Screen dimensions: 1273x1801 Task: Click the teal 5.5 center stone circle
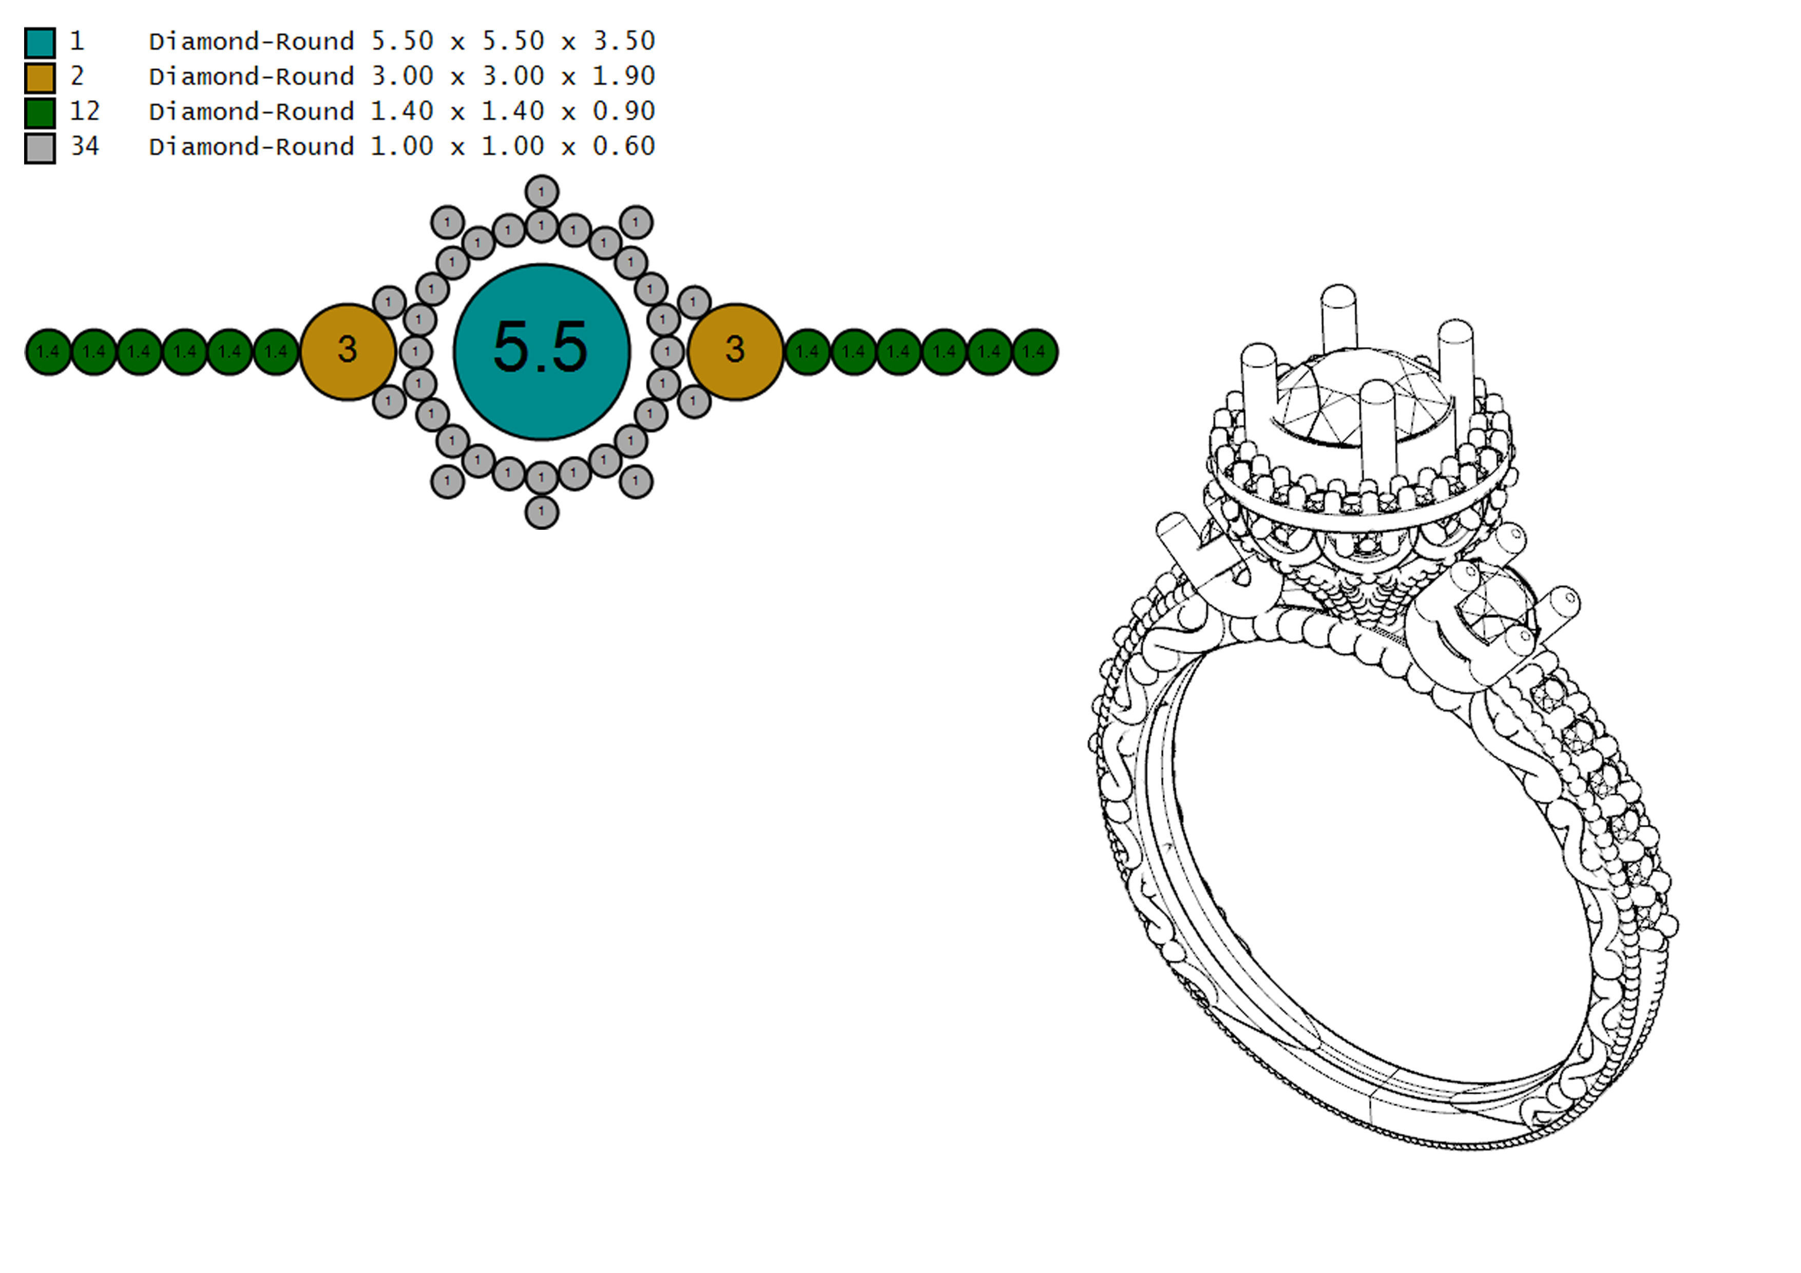point(541,352)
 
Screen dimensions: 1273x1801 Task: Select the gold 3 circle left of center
point(348,352)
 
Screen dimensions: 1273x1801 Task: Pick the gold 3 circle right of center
point(735,352)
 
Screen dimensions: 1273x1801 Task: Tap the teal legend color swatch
point(40,43)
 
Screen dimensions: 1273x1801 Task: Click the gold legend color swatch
point(40,78)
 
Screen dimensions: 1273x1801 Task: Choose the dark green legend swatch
point(40,112)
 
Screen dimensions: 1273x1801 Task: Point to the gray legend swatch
point(40,147)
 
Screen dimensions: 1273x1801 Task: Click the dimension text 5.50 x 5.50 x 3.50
point(513,41)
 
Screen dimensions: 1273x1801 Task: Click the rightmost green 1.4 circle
point(1034,352)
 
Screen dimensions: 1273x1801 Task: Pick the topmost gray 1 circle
point(541,192)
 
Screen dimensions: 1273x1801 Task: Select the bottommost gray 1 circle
point(541,512)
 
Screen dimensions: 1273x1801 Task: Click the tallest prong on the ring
point(1338,318)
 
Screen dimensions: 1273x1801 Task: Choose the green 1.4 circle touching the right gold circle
point(807,352)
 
